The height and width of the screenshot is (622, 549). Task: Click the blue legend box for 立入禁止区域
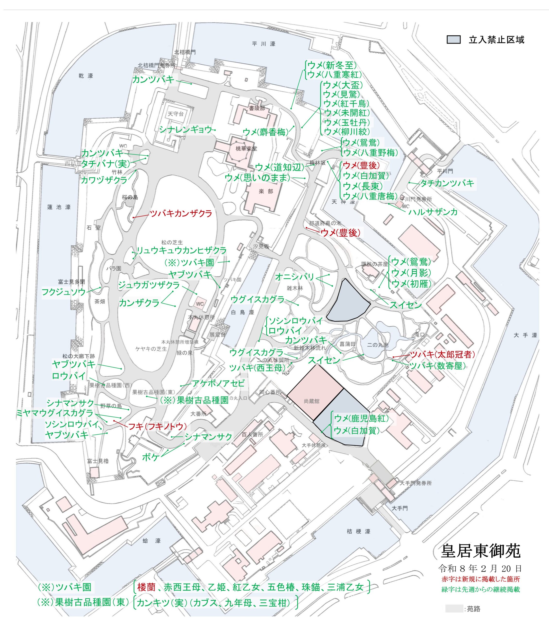pyautogui.click(x=453, y=40)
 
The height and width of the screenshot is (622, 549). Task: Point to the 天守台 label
pyautogui.click(x=176, y=114)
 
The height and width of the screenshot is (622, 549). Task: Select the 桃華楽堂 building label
pyautogui.click(x=246, y=148)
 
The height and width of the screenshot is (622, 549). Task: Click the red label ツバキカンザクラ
pyautogui.click(x=181, y=214)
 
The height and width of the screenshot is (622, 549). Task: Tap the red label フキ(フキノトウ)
pyautogui.click(x=157, y=426)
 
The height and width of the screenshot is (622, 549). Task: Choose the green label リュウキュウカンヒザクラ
pyautogui.click(x=181, y=251)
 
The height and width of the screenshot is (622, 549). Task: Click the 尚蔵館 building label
pyautogui.click(x=311, y=401)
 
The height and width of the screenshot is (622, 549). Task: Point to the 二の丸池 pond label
pyautogui.click(x=378, y=345)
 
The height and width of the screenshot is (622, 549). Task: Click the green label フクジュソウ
pyautogui.click(x=64, y=292)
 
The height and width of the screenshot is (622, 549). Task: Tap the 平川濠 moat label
pyautogui.click(x=264, y=44)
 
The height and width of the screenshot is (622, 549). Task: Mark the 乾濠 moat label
pyautogui.click(x=86, y=76)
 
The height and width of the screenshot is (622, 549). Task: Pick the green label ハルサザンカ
pyautogui.click(x=433, y=212)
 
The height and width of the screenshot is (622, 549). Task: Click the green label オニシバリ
pyautogui.click(x=294, y=276)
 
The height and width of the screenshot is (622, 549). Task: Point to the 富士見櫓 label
pyautogui.click(x=98, y=461)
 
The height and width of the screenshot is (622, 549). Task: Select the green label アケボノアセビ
pyautogui.click(x=218, y=383)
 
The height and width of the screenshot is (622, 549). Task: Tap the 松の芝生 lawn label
pyautogui.click(x=172, y=242)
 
